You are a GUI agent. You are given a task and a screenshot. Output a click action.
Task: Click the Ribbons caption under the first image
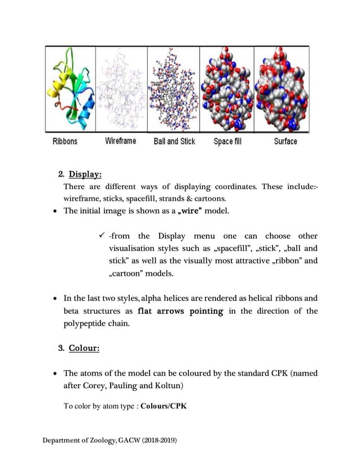coord(65,141)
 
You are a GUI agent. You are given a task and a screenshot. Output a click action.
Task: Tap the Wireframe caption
coord(120,141)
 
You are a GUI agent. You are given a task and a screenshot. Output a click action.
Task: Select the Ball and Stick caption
coord(174,141)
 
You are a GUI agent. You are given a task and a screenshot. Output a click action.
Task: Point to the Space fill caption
coord(227,141)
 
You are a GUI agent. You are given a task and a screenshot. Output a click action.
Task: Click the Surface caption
coord(286,141)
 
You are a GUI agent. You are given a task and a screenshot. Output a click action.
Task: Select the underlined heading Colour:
coord(84,348)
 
